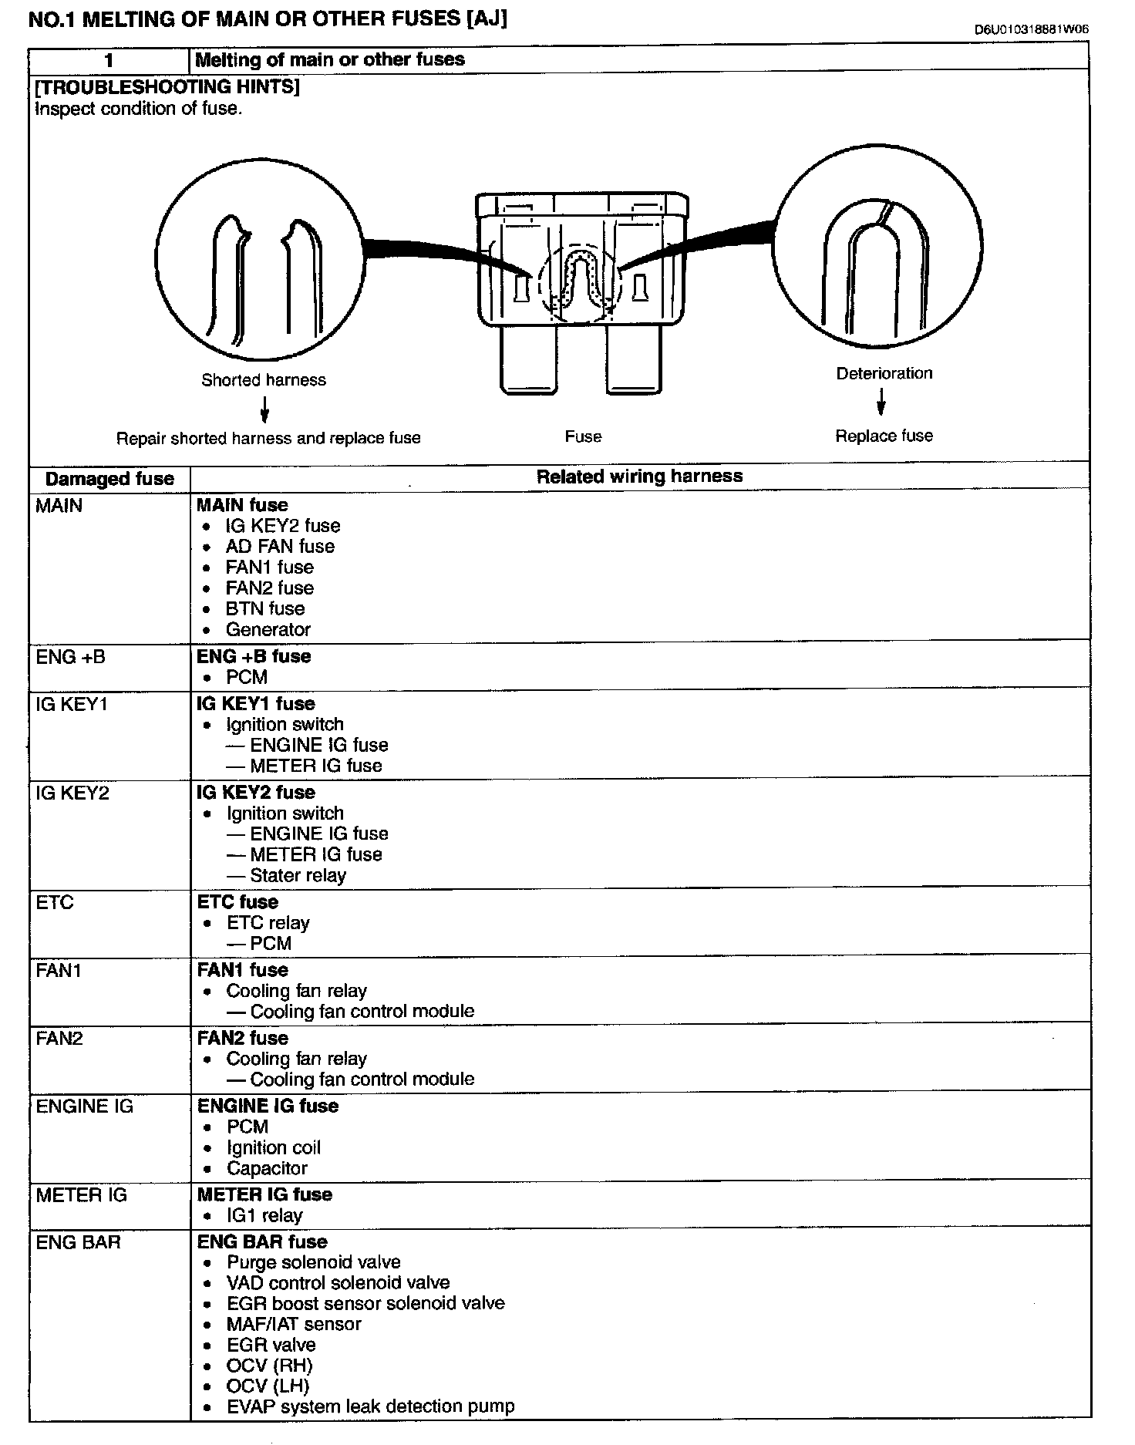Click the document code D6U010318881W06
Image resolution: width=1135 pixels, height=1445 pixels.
[1032, 30]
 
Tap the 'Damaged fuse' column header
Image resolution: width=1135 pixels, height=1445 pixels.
[109, 479]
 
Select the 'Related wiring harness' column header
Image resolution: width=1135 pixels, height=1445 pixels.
[639, 477]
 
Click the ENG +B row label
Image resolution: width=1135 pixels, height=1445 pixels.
[71, 658]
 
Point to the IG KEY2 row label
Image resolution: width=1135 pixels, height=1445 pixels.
[72, 793]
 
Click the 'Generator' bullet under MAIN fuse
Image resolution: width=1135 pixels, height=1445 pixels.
[268, 630]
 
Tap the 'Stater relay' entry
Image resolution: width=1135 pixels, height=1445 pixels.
[298, 876]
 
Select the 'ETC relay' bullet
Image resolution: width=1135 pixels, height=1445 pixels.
[268, 923]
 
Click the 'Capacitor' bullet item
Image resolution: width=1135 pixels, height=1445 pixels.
[267, 1169]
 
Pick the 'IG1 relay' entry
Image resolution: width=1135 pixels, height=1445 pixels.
[264, 1216]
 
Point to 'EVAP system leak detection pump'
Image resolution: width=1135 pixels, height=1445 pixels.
[370, 1406]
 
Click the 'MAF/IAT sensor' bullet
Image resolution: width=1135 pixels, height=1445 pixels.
[294, 1324]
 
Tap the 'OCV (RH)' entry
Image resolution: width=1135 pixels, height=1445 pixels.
[269, 1366]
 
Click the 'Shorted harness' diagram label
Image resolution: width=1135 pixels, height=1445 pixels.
[264, 380]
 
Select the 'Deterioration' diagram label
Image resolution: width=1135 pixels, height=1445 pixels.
[884, 373]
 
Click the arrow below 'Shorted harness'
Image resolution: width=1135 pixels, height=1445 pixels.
[264, 409]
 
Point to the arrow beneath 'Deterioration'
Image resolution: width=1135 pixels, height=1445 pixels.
[881, 402]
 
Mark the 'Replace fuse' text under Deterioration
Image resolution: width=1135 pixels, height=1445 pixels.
[884, 436]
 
